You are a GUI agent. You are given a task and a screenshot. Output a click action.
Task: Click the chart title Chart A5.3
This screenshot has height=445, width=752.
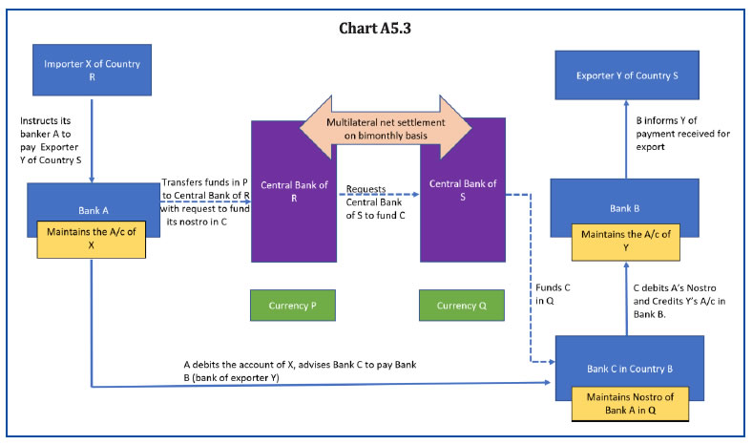click(375, 27)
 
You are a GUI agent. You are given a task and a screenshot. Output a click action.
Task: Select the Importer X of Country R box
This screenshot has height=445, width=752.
click(93, 69)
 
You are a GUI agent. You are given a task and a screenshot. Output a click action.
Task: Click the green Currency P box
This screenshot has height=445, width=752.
click(293, 305)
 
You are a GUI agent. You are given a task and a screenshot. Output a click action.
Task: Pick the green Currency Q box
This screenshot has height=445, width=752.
click(462, 305)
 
